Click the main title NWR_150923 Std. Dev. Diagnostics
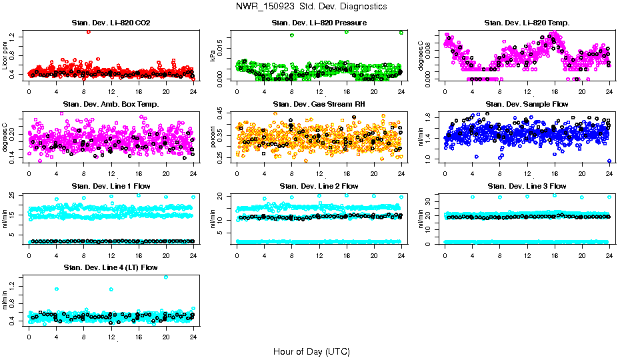point(311,7)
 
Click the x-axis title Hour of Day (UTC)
point(311,351)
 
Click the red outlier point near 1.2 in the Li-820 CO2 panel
point(89,31)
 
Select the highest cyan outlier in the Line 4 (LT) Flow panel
point(166,277)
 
